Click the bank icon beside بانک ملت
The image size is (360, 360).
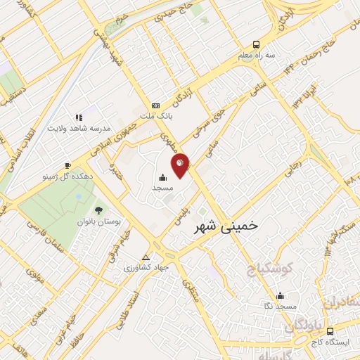[156, 105]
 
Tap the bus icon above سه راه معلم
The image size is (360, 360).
[257, 43]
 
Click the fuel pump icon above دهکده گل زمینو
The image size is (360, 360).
[67, 166]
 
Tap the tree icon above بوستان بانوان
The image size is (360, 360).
[98, 210]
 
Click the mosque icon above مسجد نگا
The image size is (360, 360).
[281, 295]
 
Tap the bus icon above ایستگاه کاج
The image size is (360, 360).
[330, 331]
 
